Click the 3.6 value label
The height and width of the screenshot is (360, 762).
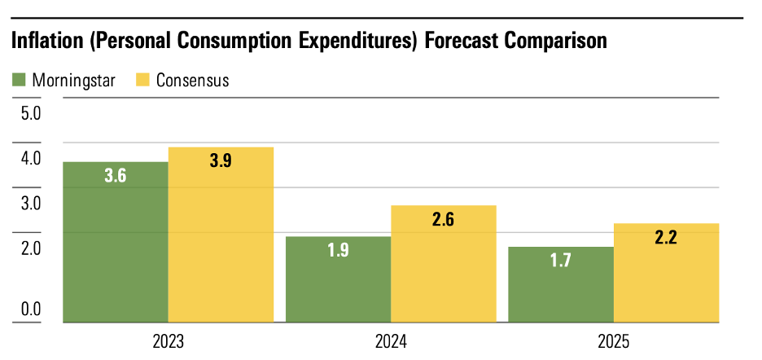click(116, 175)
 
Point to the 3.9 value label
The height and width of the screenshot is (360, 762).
click(221, 161)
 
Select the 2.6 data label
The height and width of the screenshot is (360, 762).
click(444, 219)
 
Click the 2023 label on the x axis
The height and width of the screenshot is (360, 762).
click(168, 340)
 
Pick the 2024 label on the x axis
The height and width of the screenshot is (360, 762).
click(391, 340)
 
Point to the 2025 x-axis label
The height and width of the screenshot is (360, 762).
click(613, 340)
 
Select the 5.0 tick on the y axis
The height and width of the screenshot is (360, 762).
click(30, 112)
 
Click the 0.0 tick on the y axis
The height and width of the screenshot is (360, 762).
click(30, 309)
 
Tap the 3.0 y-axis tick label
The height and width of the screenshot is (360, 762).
click(30, 203)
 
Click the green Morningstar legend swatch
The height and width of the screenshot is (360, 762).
click(19, 80)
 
